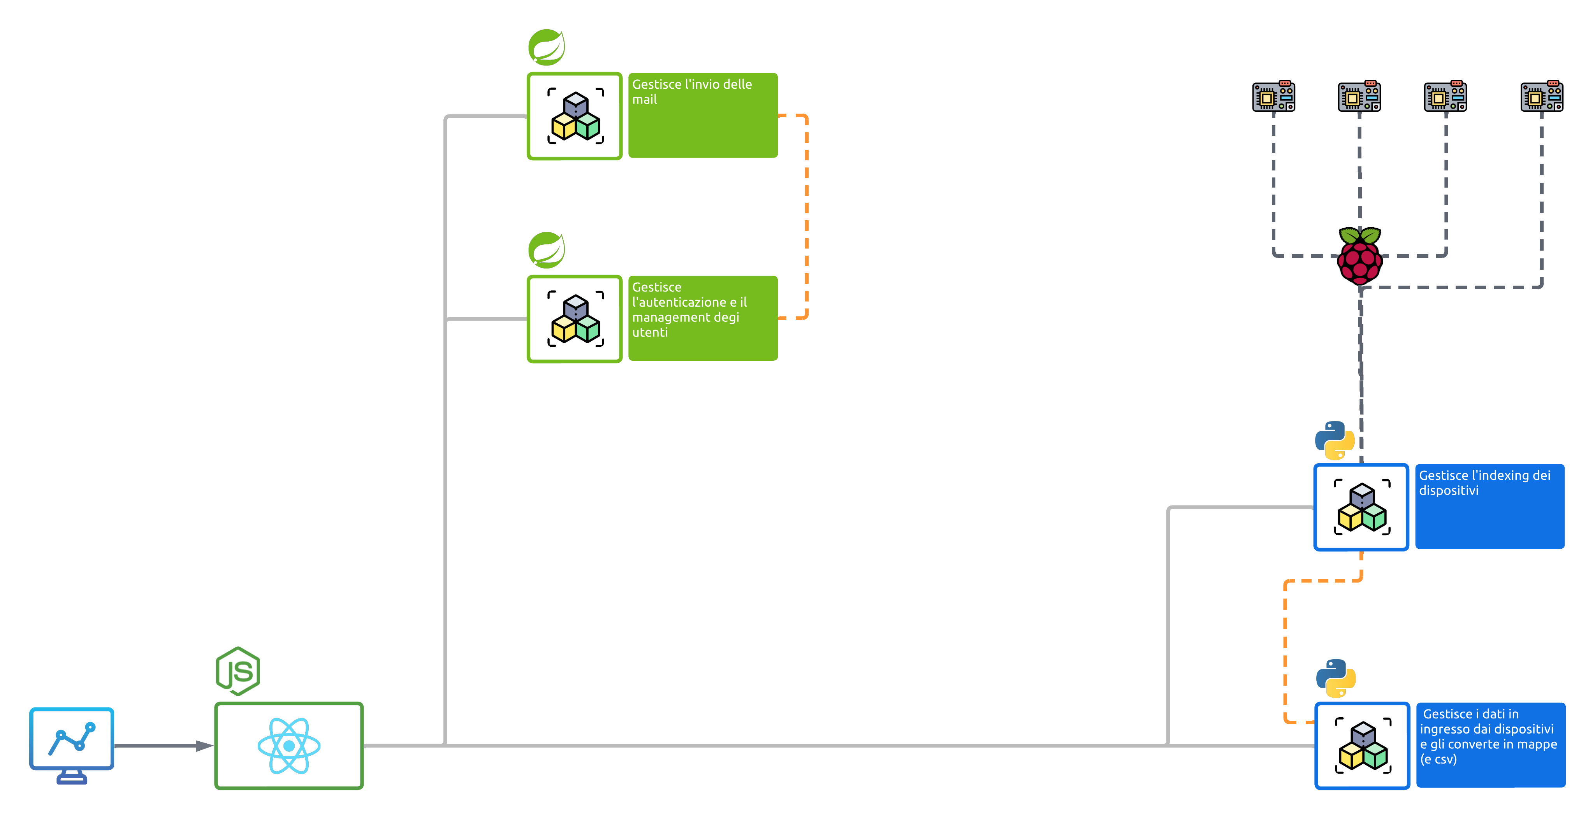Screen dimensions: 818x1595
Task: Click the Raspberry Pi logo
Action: tap(1360, 256)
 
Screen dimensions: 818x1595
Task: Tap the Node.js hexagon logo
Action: tap(238, 671)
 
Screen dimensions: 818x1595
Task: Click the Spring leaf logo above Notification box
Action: tap(546, 47)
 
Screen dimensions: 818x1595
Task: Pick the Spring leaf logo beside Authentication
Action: tap(546, 250)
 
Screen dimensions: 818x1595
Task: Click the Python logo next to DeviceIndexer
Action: tap(1334, 441)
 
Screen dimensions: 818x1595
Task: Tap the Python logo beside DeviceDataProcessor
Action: tap(1336, 678)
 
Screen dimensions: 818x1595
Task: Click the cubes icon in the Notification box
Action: tap(575, 116)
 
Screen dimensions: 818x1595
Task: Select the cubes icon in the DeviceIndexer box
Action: tap(1361, 507)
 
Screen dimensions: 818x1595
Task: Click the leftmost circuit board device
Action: tap(1274, 97)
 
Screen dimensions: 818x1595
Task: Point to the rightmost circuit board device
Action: tap(1542, 97)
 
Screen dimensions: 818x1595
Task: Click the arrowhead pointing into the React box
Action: tap(204, 746)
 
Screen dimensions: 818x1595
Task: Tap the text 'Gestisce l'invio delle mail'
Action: tap(692, 91)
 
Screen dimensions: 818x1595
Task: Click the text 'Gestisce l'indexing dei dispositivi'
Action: tap(1484, 483)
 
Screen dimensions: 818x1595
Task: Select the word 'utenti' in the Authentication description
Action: tap(649, 332)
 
